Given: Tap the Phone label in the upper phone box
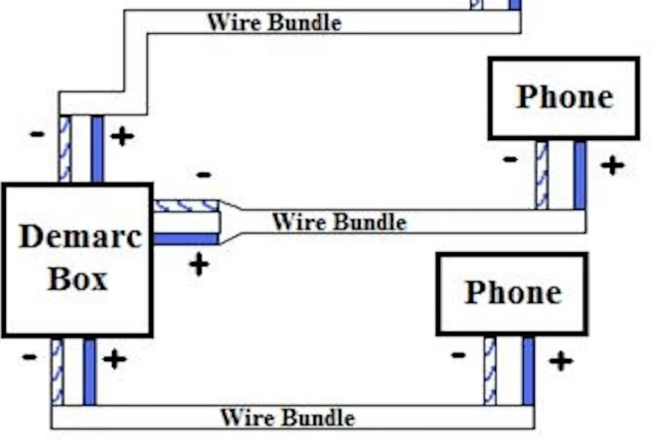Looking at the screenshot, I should (x=565, y=97).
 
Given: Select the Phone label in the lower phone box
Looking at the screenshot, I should (x=513, y=292).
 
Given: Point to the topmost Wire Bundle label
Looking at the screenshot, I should (x=273, y=21).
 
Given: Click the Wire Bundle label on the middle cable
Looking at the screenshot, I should (x=339, y=223).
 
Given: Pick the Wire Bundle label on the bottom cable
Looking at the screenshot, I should (x=287, y=418).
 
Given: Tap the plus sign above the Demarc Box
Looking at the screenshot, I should (x=121, y=136).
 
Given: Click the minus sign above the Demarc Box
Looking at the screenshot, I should (x=37, y=134).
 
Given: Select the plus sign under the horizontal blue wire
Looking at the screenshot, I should (x=199, y=264).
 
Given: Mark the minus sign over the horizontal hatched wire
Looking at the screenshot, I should (x=204, y=175).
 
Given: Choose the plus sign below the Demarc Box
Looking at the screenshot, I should (x=114, y=359).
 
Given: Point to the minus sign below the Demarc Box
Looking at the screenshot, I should (x=30, y=357).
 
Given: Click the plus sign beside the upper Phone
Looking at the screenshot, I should (x=611, y=165).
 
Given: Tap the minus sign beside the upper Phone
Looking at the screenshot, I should (x=509, y=159).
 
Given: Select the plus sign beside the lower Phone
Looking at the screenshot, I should (x=559, y=361).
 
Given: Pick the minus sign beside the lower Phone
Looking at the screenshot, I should (x=458, y=354).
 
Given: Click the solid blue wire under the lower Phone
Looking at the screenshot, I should (x=528, y=370).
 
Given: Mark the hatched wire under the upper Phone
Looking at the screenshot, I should (x=542, y=175).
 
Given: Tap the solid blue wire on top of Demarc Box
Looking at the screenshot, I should (x=97, y=149).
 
